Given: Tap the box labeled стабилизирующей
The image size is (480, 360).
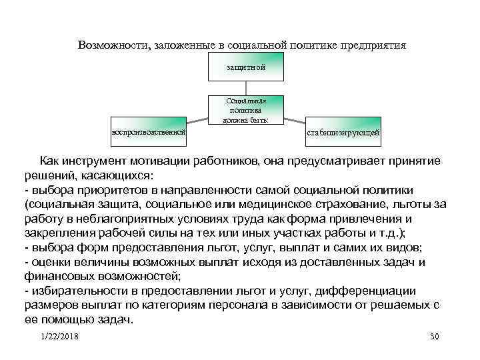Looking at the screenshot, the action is [343, 131].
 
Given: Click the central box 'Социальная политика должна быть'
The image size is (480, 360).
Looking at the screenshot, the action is [246, 109].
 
